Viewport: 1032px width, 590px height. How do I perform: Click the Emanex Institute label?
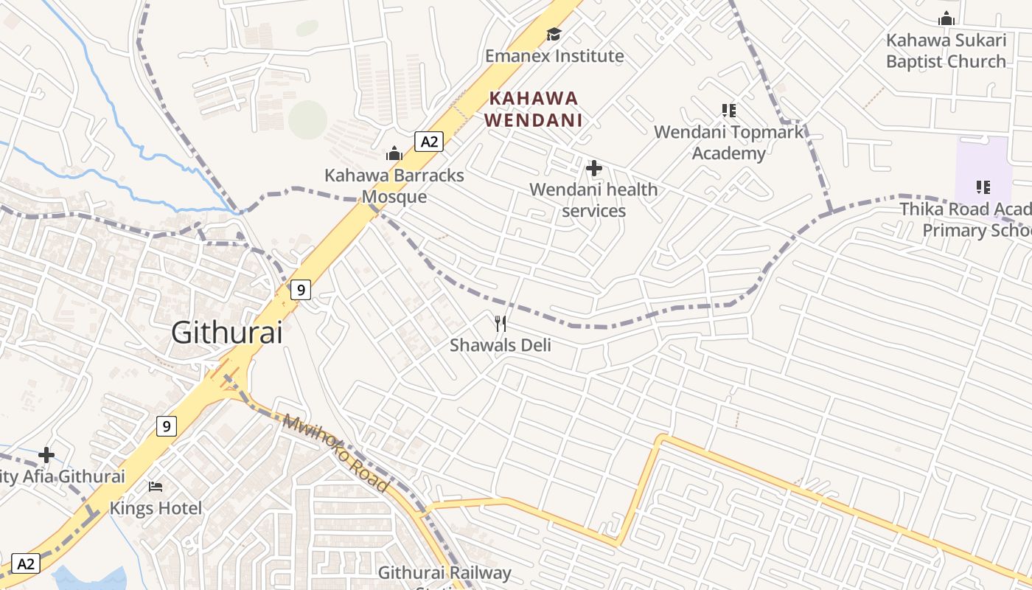tap(554, 56)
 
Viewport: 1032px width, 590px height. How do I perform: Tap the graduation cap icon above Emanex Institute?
tap(554, 34)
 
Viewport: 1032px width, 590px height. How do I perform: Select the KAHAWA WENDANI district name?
tap(534, 108)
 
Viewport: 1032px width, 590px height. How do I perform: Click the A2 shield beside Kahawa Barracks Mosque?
tap(428, 141)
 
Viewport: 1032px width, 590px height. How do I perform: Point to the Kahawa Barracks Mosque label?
tap(394, 186)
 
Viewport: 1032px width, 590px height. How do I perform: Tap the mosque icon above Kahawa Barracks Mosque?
tap(394, 153)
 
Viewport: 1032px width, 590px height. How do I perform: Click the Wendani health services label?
tap(593, 200)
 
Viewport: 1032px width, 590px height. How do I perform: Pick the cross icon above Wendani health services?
tap(593, 168)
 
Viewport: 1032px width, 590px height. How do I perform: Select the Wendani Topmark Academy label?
tap(728, 142)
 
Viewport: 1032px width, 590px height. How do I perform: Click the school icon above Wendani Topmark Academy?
tap(729, 111)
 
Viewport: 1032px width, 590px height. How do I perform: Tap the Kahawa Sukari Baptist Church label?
tap(946, 51)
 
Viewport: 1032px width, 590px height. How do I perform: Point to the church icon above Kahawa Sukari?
tap(946, 18)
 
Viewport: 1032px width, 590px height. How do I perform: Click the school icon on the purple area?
tap(983, 187)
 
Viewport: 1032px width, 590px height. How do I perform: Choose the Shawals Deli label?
tap(501, 344)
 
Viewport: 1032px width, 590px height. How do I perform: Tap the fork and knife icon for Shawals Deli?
tap(501, 323)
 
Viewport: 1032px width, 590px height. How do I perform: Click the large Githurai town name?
tap(227, 333)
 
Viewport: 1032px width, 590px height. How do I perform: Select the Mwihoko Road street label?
tap(335, 454)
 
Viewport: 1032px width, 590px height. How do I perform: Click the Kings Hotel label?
tap(156, 508)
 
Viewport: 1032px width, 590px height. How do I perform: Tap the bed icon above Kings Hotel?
tap(156, 486)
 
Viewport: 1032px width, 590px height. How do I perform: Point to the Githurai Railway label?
tap(444, 573)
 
